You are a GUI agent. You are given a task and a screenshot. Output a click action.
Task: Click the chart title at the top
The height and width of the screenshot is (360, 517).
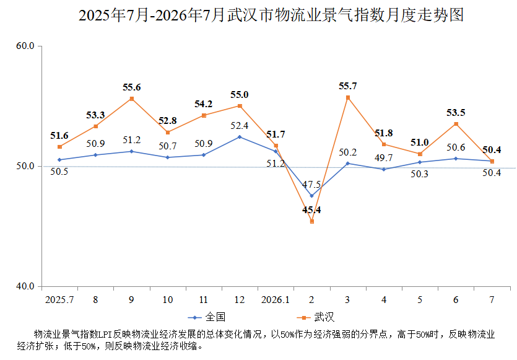coord(271,15)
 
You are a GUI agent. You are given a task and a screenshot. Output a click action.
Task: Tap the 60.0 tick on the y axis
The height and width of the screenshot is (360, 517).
coord(25,45)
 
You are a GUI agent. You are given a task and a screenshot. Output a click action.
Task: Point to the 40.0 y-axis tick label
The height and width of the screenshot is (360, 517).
coord(25,286)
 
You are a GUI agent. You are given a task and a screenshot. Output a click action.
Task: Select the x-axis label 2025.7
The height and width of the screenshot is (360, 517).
coord(59,300)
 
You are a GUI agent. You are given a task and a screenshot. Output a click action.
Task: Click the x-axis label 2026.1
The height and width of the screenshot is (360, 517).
coord(276,300)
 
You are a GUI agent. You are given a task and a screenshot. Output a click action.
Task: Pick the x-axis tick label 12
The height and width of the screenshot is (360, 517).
coord(240,300)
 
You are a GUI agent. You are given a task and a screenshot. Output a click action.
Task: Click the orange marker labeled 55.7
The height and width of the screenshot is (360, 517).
coord(348,98)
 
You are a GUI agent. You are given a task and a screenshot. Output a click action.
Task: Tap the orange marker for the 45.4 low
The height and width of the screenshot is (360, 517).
coord(312,222)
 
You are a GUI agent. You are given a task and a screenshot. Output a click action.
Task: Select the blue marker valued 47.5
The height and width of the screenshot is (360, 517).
coord(312,196)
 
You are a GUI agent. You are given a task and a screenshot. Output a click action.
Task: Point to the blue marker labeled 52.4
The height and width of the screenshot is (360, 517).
coord(240,137)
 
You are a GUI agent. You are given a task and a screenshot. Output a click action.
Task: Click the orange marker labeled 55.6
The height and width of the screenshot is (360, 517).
coord(132,99)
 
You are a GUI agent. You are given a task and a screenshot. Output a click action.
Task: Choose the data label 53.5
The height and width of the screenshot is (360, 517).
coord(456,113)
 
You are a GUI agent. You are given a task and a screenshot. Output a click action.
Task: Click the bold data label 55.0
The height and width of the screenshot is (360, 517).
coord(240,95)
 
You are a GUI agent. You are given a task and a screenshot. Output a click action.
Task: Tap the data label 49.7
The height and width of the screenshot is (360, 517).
coord(383,158)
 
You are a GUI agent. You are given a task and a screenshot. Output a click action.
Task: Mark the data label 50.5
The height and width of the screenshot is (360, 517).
coord(59,172)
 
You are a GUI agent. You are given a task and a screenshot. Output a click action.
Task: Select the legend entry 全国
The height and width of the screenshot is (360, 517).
coord(207,317)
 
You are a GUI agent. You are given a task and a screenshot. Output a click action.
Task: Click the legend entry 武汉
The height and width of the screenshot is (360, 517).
coord(316,317)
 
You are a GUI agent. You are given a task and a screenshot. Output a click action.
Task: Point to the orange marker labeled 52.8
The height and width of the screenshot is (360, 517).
coord(168,133)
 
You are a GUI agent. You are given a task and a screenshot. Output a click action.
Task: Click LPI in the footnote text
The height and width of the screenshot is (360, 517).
coord(105,335)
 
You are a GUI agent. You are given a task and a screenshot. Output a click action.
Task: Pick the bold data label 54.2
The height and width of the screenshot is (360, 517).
coord(204,104)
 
